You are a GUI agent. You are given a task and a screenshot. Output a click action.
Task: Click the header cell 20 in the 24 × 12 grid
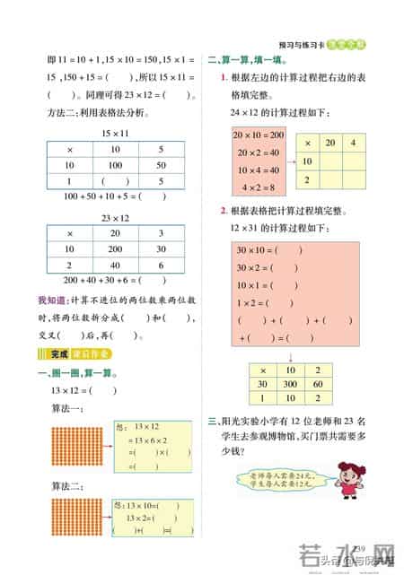[330, 144]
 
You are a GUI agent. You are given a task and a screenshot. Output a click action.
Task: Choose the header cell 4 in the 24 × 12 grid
[354, 144]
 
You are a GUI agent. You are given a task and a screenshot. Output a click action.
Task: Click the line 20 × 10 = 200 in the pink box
[258, 135]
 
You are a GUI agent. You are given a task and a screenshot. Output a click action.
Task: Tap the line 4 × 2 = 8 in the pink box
[258, 187]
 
